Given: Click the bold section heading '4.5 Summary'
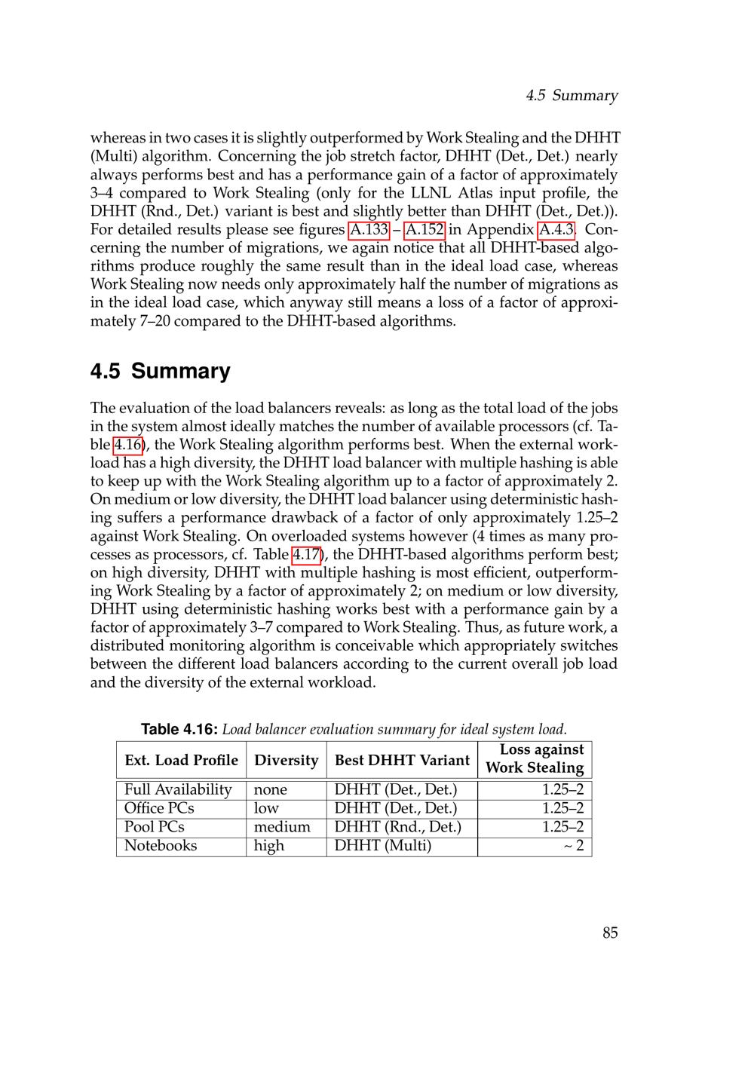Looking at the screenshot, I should click(x=161, y=371).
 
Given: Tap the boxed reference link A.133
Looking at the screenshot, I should click(x=369, y=229).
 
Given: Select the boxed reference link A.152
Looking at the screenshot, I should click(x=425, y=229).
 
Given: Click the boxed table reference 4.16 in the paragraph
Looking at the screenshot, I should click(x=127, y=445).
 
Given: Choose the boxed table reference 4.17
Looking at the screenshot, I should click(x=307, y=555).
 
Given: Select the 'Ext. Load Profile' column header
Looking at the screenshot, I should click(x=181, y=760).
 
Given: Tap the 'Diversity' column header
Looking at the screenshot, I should click(x=287, y=760).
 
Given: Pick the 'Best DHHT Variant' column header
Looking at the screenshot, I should click(x=402, y=760).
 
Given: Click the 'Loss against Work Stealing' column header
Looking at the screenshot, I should click(x=535, y=758).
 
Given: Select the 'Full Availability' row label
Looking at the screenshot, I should click(x=178, y=789).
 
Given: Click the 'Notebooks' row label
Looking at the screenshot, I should click(x=161, y=845).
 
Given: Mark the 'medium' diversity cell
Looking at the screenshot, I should click(x=282, y=827).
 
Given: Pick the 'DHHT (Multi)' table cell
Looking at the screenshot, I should click(x=383, y=845).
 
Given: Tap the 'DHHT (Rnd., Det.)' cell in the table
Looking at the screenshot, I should click(x=397, y=827).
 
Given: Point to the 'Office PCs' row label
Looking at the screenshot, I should click(x=159, y=808).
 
